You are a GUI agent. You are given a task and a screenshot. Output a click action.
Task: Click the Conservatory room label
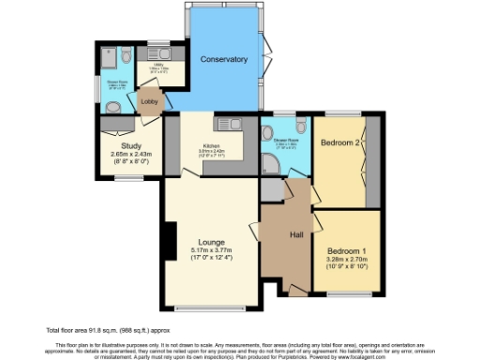224,59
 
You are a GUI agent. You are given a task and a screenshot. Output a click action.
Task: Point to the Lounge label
211,241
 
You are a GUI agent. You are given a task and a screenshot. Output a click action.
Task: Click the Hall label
296,234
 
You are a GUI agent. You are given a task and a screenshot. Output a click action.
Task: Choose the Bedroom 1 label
347,250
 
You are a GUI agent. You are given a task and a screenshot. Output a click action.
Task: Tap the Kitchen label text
212,147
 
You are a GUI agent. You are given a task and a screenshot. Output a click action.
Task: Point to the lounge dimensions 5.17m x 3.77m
211,250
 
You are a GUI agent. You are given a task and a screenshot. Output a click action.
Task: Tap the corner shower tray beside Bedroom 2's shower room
272,165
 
